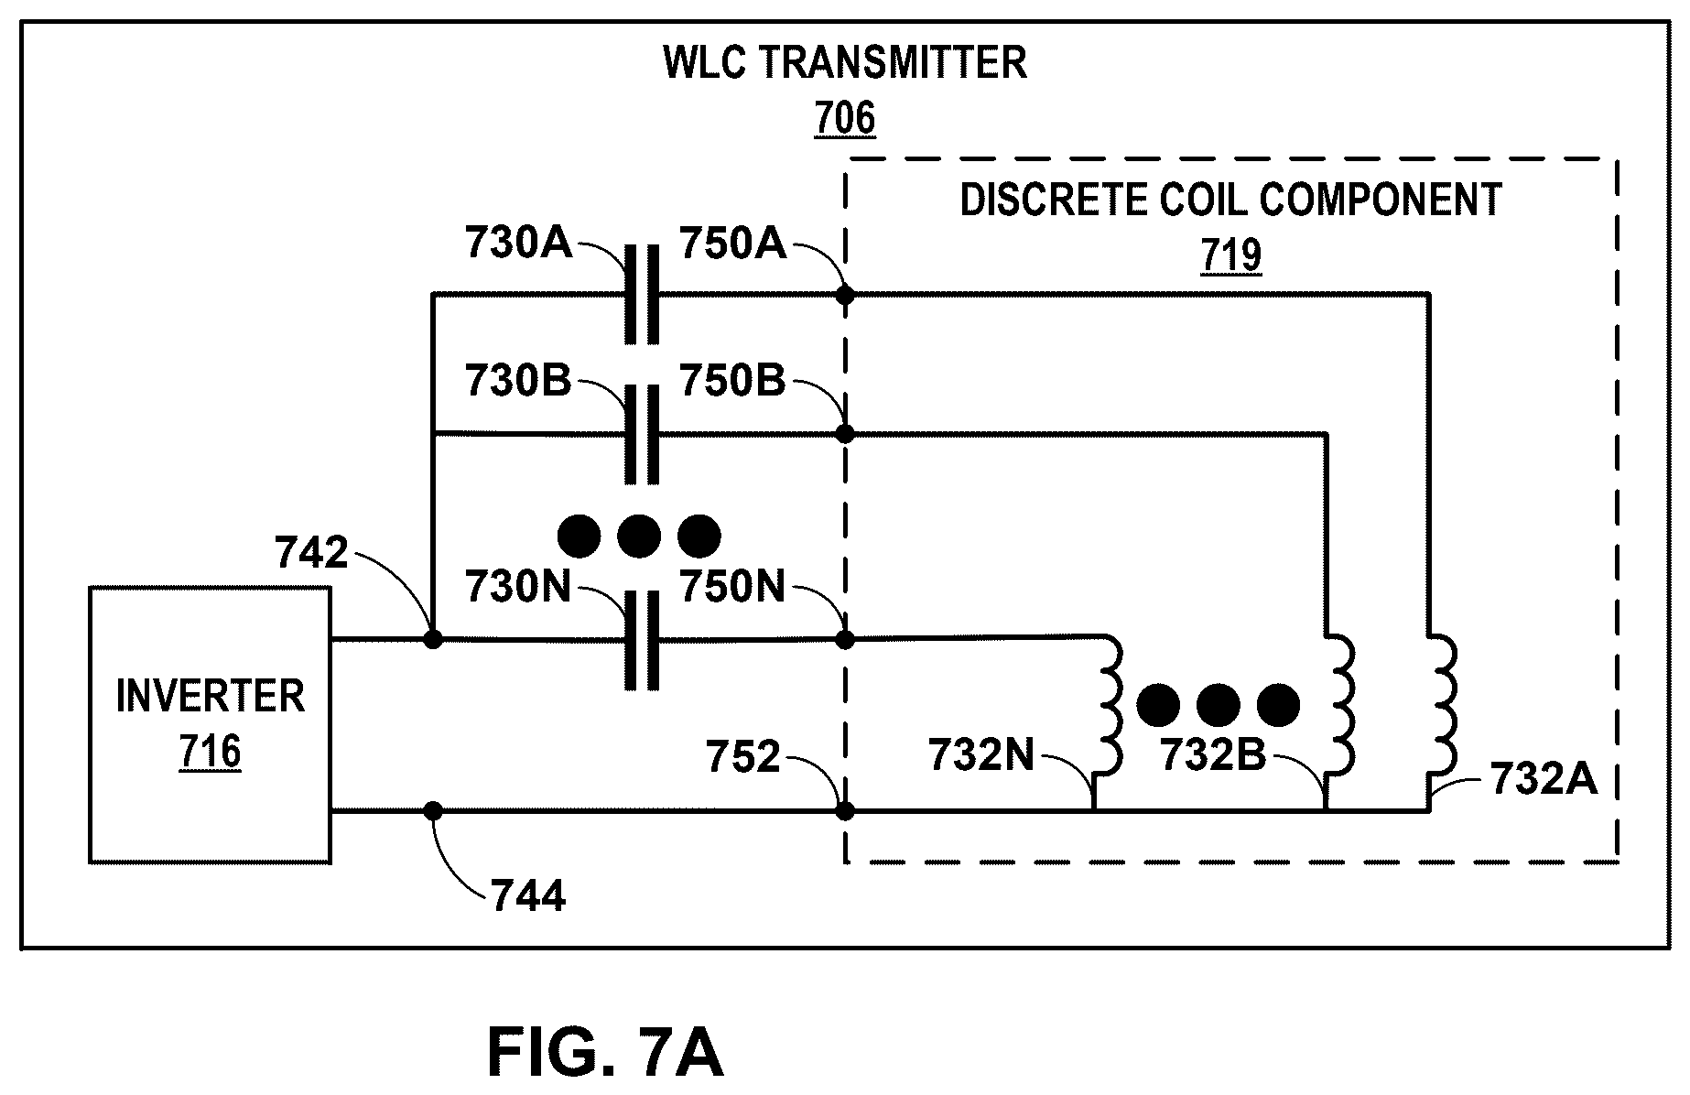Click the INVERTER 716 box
210,724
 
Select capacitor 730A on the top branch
642,295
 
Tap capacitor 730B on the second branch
642,434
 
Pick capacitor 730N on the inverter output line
642,639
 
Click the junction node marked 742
434,639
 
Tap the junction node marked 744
434,810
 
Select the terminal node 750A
845,295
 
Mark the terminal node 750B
845,434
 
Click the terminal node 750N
845,639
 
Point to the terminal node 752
845,810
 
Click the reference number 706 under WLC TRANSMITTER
845,119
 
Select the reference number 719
1231,255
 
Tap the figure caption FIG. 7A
605,1054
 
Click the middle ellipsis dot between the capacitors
639,537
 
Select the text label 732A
1544,780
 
